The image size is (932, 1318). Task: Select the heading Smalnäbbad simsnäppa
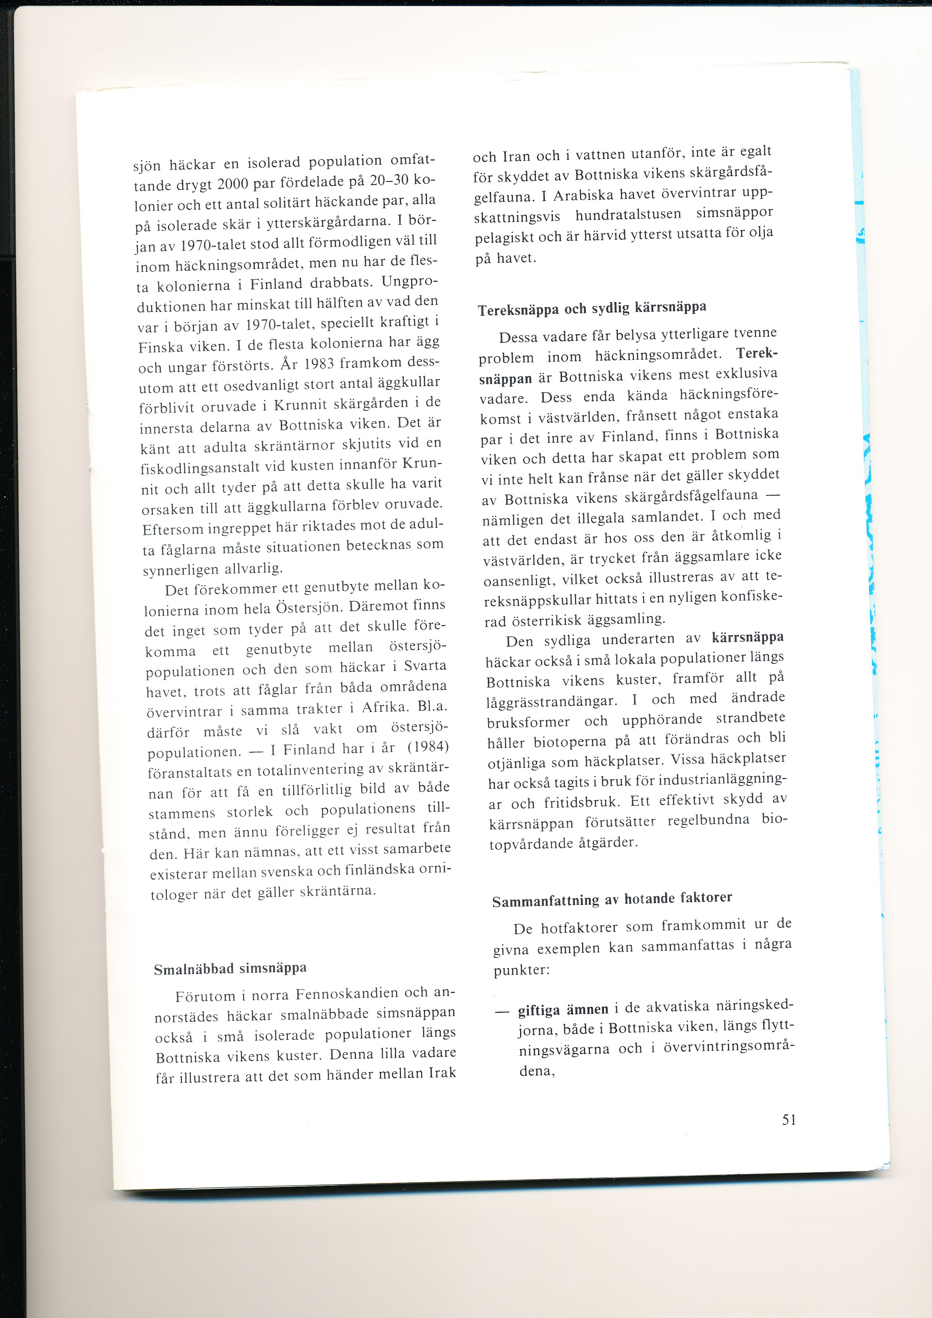(x=230, y=969)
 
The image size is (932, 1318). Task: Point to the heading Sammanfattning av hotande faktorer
(x=612, y=899)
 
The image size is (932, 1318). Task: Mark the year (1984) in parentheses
(x=428, y=746)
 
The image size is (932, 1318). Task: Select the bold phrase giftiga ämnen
(x=563, y=1009)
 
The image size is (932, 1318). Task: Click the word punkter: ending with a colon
(x=522, y=970)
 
